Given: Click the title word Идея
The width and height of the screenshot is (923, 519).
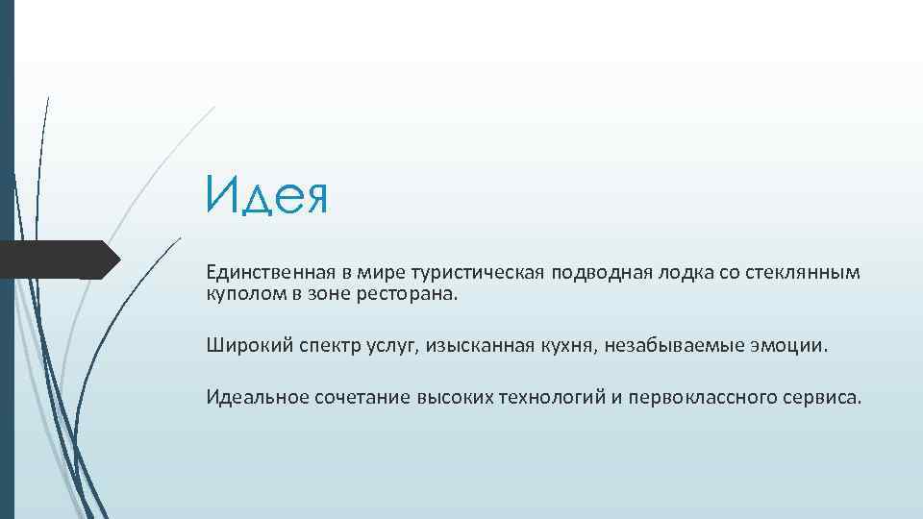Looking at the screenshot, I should [266, 197].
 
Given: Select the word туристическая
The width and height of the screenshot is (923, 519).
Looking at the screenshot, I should [481, 273].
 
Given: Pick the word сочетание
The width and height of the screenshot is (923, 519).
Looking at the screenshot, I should [362, 397].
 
